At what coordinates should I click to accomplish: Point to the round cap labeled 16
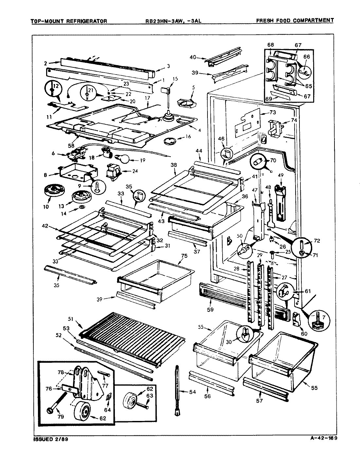point(169,141)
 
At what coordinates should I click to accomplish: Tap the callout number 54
point(191,391)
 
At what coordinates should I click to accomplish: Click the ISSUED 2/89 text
point(48,439)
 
